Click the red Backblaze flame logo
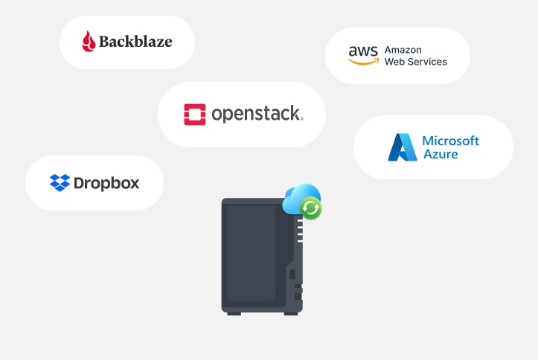[89, 42]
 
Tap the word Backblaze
[137, 42]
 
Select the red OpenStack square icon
[195, 114]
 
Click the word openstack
[257, 114]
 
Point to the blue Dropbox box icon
[60, 182]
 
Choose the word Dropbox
[106, 182]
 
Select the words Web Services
[415, 62]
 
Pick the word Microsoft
[450, 141]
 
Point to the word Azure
[441, 155]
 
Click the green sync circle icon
[311, 209]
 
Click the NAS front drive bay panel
[252, 253]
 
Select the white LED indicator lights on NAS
[300, 230]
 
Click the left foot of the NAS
[234, 312]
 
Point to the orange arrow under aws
[362, 62]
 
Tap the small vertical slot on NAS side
[292, 274]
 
